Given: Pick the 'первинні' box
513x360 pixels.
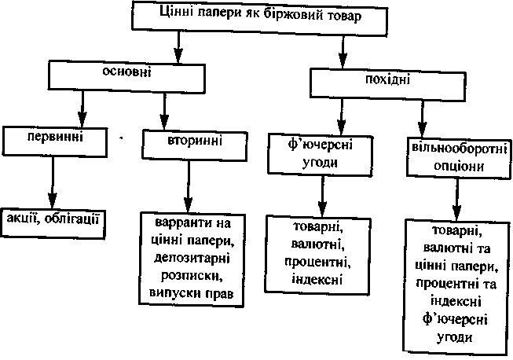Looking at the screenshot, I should click(53, 138).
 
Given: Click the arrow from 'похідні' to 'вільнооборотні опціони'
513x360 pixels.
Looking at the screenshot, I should click(423, 115).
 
